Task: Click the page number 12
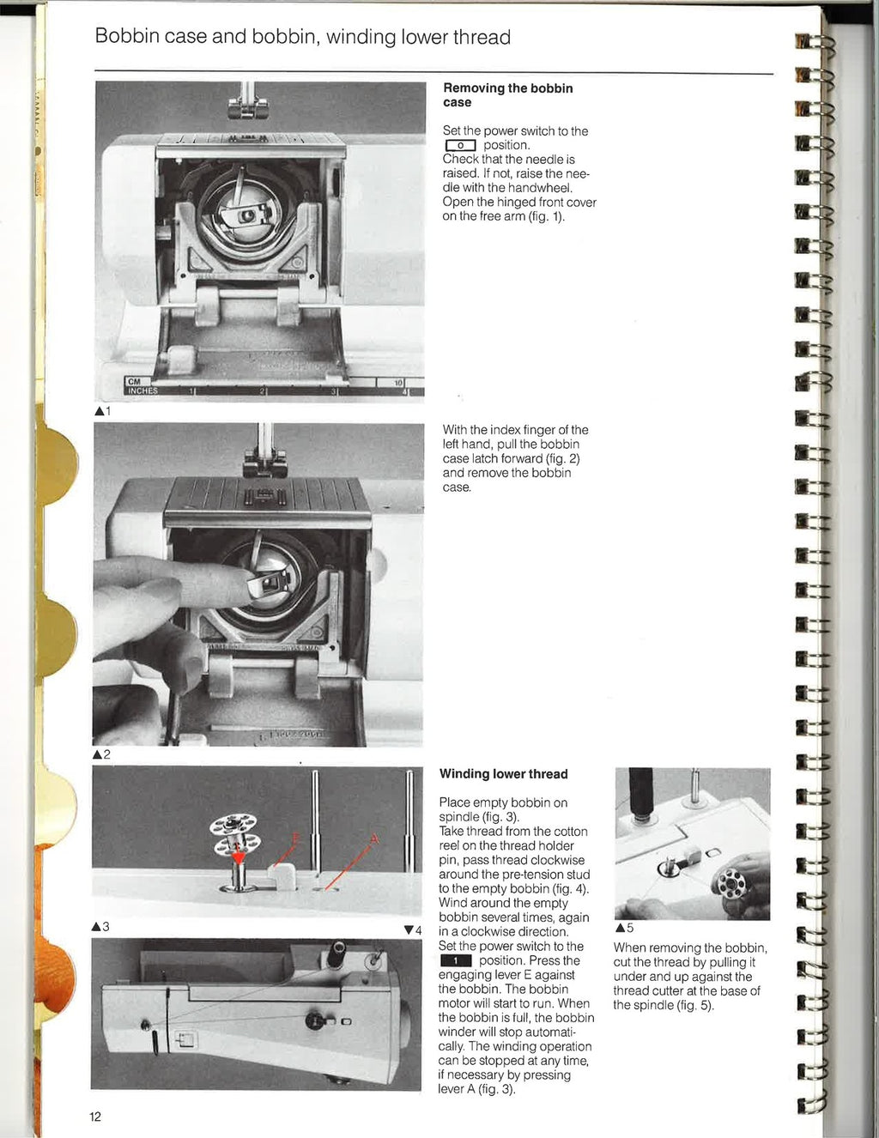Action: point(94,1117)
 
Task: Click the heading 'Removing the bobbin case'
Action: point(507,94)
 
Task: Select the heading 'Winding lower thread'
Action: point(503,774)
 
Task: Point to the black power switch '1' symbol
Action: point(455,961)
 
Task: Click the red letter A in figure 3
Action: point(373,838)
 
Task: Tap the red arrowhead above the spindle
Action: point(238,856)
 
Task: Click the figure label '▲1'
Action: point(102,411)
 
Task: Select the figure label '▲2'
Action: point(102,754)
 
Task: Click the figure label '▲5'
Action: point(624,928)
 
